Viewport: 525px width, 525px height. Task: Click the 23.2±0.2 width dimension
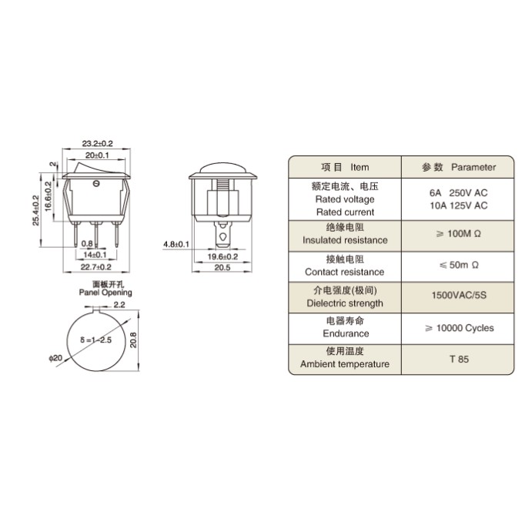98,143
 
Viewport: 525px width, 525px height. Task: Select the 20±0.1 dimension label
97,155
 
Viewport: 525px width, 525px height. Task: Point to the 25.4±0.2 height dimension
36,210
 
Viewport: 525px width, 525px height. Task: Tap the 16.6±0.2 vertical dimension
48,196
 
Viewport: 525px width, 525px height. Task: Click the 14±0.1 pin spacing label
95,255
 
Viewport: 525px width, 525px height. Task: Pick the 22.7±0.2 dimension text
95,267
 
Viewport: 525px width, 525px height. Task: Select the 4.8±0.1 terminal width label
176,244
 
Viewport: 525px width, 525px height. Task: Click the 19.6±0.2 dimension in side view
222,257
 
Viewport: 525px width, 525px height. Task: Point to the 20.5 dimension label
222,268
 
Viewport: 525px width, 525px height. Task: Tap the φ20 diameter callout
55,358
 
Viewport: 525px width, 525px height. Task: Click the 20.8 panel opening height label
133,339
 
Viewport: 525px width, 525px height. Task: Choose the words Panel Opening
105,293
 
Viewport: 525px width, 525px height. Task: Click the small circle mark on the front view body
96,183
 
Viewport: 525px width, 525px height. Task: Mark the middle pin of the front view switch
96,234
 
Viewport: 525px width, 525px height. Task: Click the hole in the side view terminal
222,237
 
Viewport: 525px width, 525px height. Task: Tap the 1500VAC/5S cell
459,296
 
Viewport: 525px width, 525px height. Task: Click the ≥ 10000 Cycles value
460,328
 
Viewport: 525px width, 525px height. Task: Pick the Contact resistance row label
345,272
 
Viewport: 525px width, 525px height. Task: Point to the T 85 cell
459,359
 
